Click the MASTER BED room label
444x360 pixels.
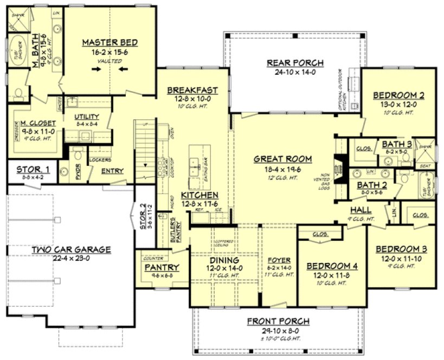tap(110, 42)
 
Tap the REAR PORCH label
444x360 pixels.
tap(295, 62)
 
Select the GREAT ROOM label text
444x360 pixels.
tap(283, 159)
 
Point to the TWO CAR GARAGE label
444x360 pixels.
tap(71, 249)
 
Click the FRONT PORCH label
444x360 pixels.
tap(278, 320)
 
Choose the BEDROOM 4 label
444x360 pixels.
tap(332, 266)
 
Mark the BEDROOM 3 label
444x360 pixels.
tap(401, 249)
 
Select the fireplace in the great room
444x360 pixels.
tap(339, 165)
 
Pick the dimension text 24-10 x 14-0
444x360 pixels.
tap(295, 72)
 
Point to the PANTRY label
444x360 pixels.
tap(158, 267)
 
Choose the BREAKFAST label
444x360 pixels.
tap(192, 90)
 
